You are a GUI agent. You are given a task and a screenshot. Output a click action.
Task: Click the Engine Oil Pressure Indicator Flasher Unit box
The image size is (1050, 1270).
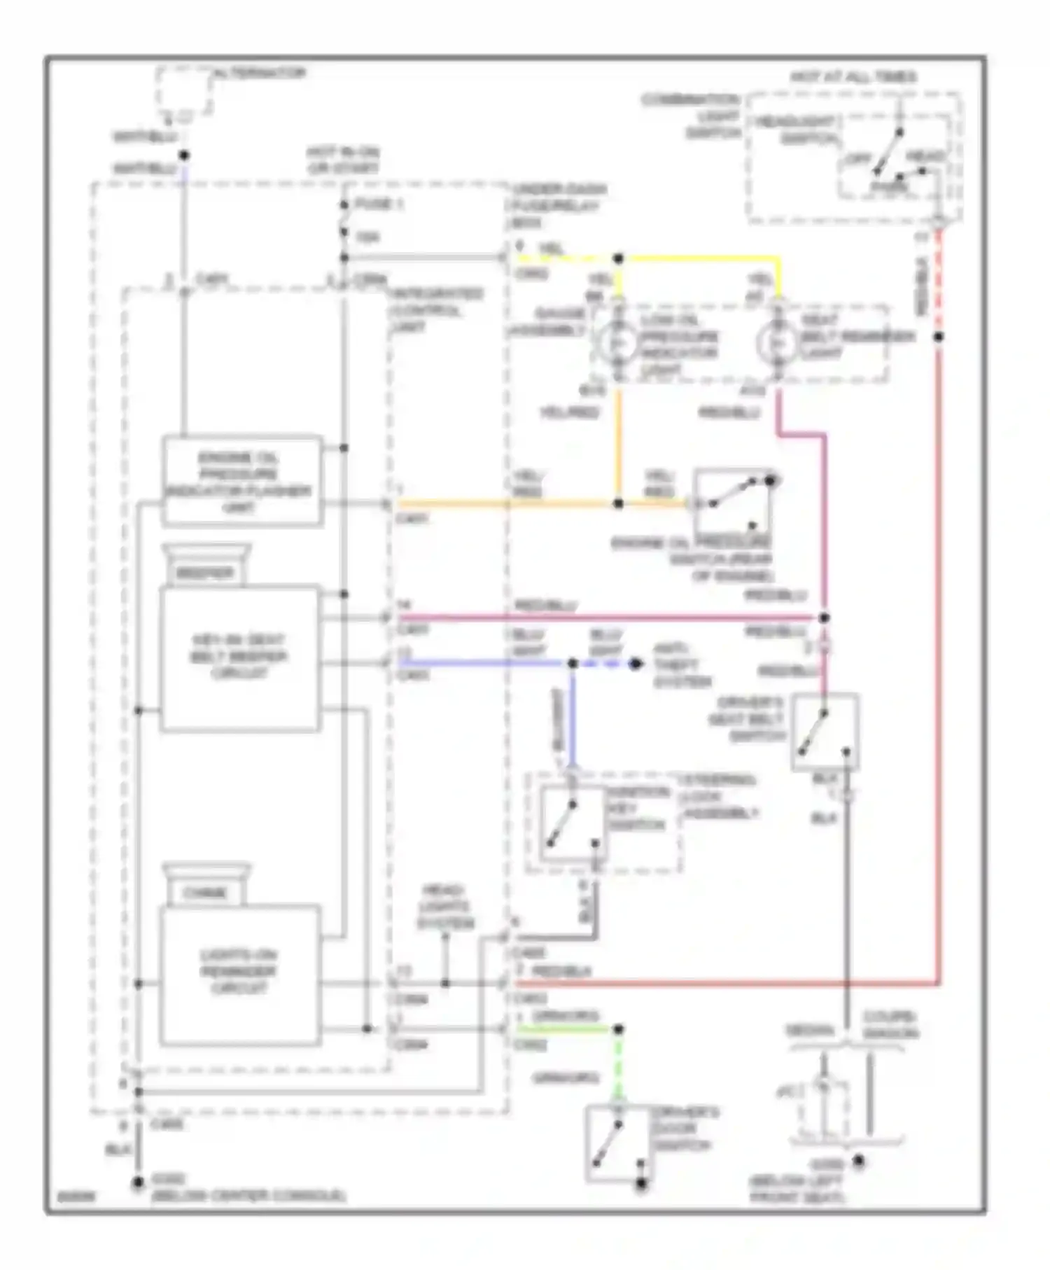click(242, 482)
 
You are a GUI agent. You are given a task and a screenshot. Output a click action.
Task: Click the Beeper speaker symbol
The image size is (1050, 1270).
click(206, 564)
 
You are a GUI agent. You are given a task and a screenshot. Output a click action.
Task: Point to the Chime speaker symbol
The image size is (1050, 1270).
click(206, 884)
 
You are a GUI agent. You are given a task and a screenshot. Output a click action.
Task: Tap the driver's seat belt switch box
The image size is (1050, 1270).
click(825, 732)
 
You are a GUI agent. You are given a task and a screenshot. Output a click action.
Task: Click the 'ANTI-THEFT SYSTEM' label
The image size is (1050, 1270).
click(682, 665)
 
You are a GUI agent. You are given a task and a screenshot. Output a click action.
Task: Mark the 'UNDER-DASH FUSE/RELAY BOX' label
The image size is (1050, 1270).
click(559, 206)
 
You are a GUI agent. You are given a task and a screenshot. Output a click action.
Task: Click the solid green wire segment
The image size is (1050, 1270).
click(567, 1029)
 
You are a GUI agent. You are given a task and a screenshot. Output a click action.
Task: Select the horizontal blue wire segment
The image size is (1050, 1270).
click(483, 662)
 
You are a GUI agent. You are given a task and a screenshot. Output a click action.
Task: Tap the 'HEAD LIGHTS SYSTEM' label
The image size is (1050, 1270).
click(445, 907)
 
